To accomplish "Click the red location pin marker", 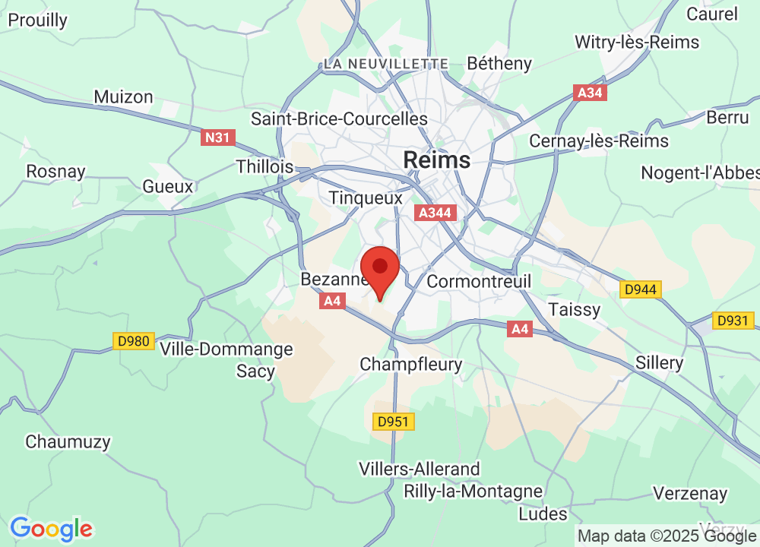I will (380, 270).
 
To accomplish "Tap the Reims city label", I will (436, 160).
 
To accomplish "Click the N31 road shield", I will (218, 138).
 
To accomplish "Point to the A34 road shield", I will (589, 93).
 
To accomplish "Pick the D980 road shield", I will (134, 342).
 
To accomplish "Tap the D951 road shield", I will (394, 422).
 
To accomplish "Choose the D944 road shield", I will (641, 289).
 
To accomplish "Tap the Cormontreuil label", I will (479, 281).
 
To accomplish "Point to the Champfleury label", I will (410, 365).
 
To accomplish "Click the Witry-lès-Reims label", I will (637, 42).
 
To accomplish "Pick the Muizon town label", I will (123, 96).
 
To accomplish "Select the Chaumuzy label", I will (68, 441).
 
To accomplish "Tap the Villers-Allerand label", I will (420, 469).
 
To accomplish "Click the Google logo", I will (51, 528).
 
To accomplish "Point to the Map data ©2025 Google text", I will (668, 536).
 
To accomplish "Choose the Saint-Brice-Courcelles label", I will (339, 119).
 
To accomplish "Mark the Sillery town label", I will (659, 362).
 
